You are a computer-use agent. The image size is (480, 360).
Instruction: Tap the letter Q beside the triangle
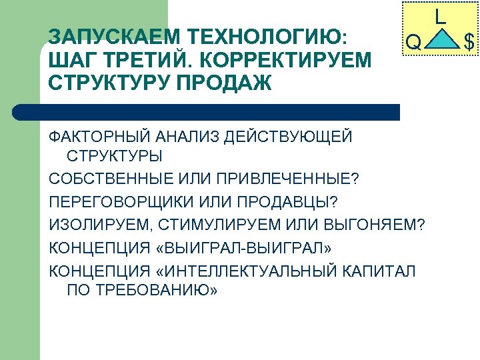(413, 43)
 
